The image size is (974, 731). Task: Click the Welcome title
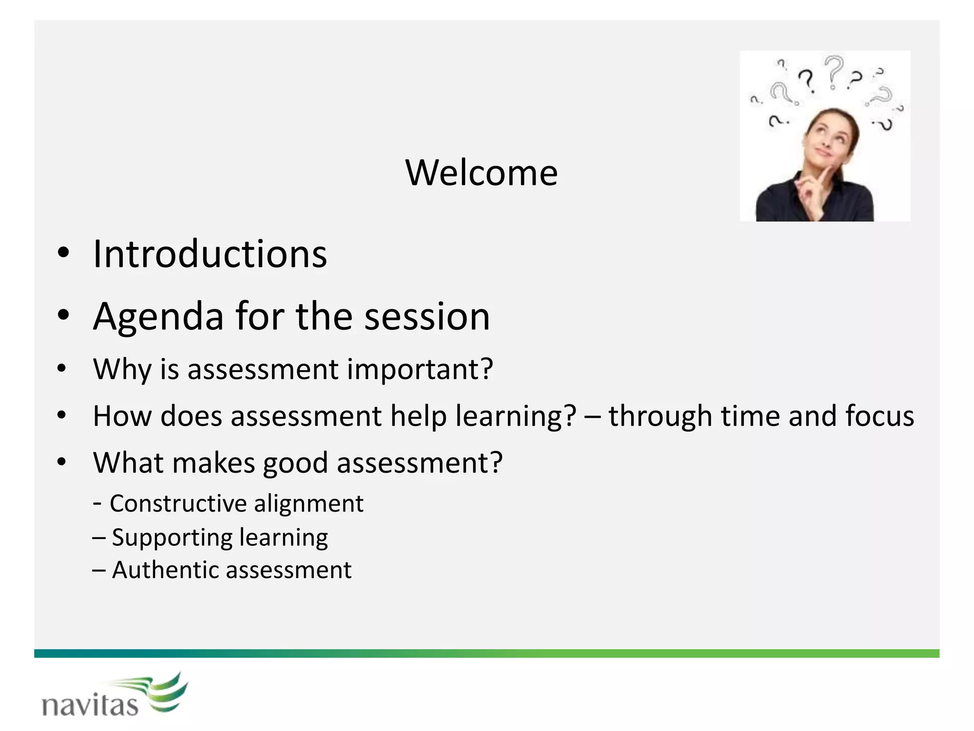481,173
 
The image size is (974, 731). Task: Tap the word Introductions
210,254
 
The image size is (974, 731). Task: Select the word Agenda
158,317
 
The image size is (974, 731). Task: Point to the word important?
420,369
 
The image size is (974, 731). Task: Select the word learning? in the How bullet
516,416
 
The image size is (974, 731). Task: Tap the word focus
879,416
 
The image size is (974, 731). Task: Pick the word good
295,464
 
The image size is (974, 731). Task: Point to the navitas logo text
90,705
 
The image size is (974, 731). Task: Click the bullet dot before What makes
61,462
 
